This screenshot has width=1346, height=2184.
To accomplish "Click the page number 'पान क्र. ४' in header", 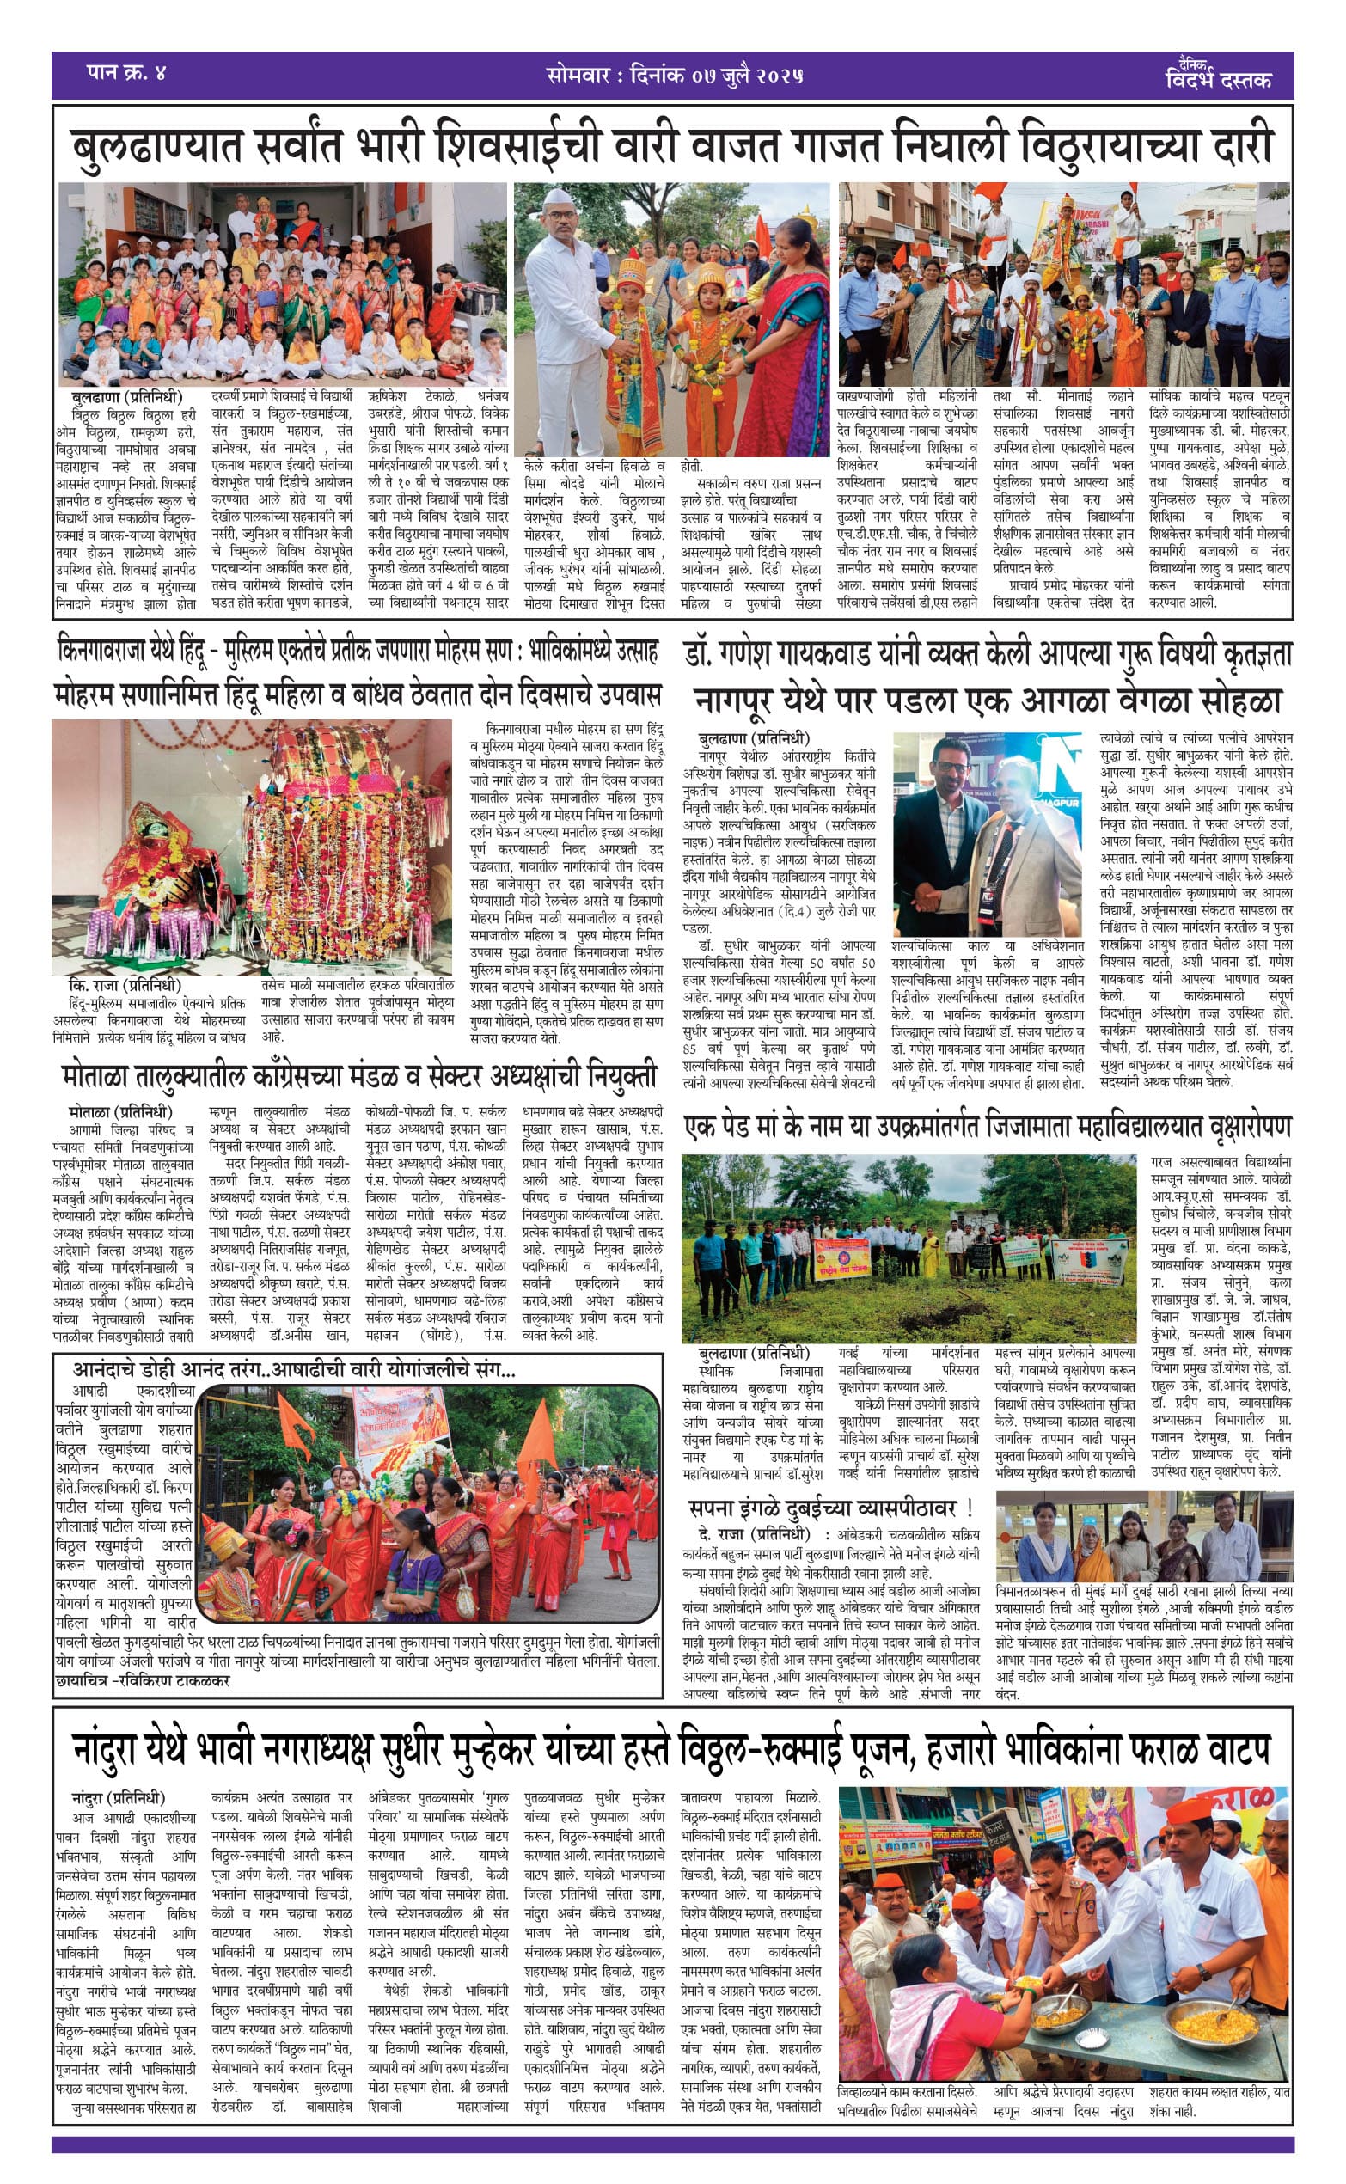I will click(125, 73).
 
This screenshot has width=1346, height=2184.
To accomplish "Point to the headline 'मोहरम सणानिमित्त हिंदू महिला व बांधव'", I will click(356, 694).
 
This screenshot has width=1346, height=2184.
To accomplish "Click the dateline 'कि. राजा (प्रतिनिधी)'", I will click(125, 986).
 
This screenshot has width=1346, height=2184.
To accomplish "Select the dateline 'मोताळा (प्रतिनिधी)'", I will click(120, 1111).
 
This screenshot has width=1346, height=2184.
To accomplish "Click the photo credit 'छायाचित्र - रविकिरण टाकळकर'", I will click(143, 1680).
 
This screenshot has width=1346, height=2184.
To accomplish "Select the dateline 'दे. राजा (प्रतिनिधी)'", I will click(754, 1533).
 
